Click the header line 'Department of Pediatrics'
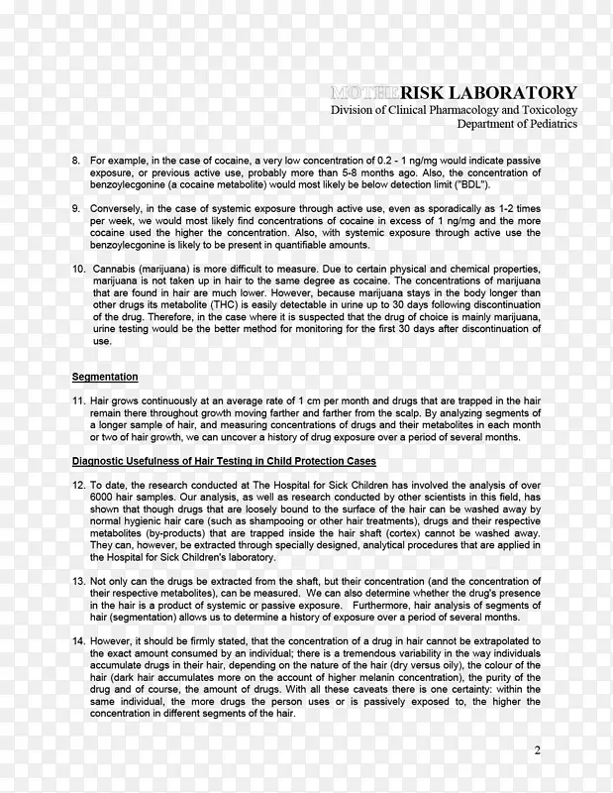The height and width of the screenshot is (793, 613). tap(516, 125)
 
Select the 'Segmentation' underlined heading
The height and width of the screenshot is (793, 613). tap(105, 377)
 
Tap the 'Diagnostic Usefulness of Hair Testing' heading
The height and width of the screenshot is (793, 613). tap(224, 462)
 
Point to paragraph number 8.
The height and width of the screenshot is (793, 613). tap(76, 159)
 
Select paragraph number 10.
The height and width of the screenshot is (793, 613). tap(78, 270)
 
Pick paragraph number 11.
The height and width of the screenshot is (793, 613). tap(78, 398)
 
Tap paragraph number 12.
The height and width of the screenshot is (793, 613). tap(78, 484)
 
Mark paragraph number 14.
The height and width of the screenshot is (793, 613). tap(78, 641)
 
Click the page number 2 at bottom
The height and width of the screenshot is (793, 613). tap(538, 750)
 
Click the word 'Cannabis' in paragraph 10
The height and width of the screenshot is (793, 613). tap(116, 270)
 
